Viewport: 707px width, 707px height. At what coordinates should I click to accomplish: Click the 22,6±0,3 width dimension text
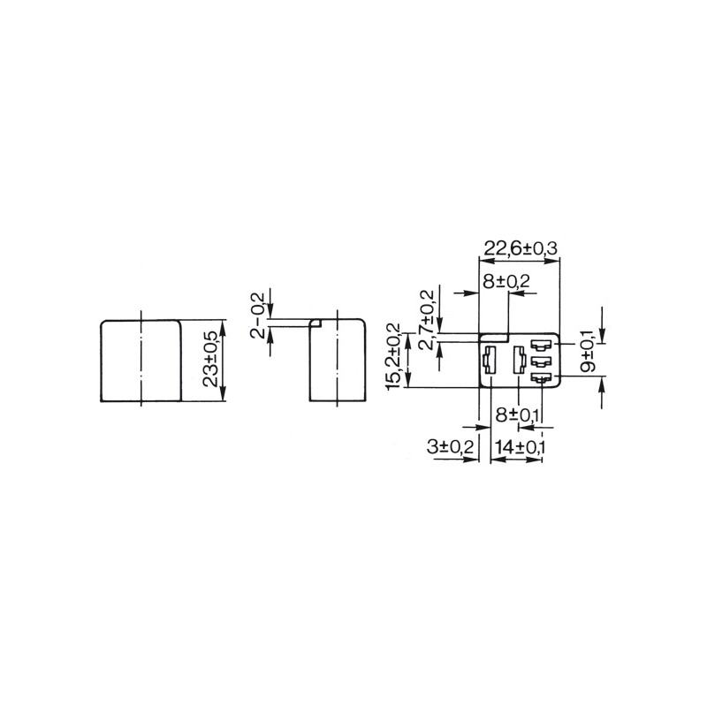click(x=521, y=248)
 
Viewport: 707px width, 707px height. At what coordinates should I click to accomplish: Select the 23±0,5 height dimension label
click(x=210, y=359)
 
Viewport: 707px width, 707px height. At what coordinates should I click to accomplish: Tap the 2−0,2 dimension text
click(x=256, y=315)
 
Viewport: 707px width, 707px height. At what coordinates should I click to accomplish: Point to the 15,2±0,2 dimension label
click(x=393, y=357)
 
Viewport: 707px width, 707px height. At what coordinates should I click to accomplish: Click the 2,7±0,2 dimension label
click(x=427, y=320)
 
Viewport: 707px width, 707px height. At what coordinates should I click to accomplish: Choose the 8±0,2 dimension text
click(x=506, y=281)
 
